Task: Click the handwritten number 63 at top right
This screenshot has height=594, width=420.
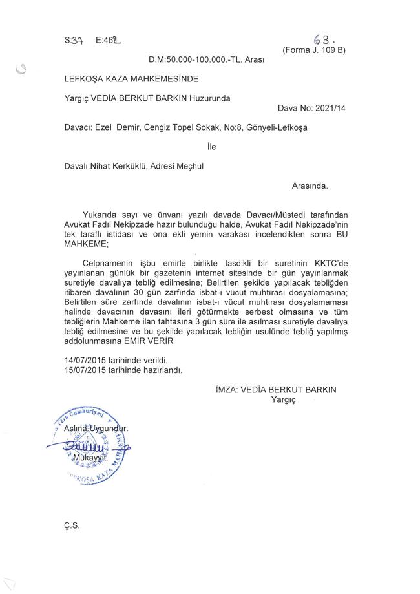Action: (x=321, y=39)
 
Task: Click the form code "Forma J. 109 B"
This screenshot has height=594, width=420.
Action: (x=315, y=50)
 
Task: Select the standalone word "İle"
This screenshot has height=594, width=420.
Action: (x=211, y=147)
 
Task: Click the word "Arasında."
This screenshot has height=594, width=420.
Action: (x=310, y=185)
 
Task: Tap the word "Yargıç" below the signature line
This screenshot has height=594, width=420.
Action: (x=283, y=401)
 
